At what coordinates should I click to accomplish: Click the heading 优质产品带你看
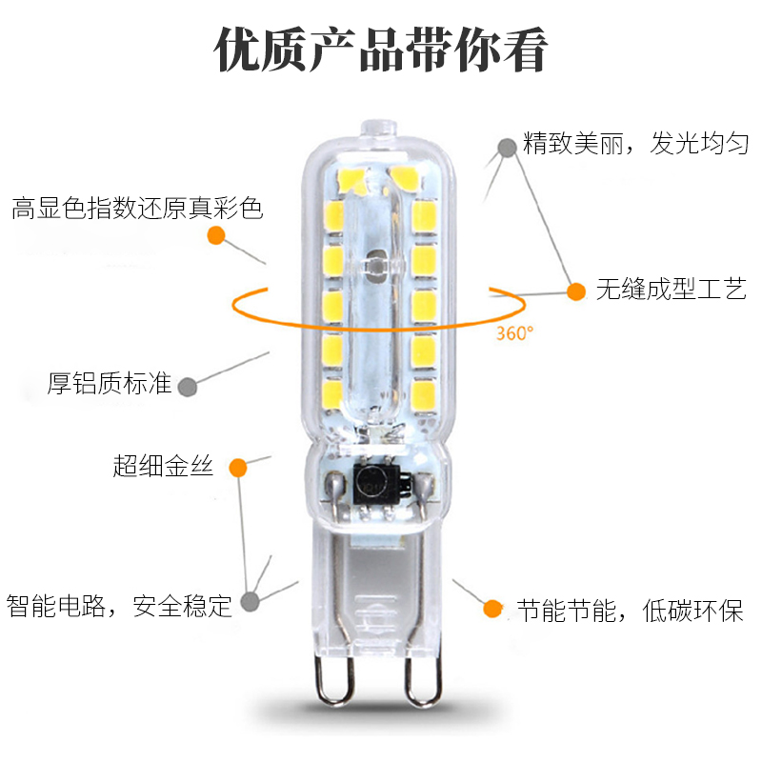381,50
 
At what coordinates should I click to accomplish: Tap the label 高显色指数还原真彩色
137,208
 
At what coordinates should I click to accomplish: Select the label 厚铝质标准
110,385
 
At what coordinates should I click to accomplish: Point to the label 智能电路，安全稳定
120,605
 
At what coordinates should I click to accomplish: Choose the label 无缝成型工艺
672,291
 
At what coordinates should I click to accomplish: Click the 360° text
514,334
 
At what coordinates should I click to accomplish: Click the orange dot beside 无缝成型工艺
576,291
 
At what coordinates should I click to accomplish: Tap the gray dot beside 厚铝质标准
188,386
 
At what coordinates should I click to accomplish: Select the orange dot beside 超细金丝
237,468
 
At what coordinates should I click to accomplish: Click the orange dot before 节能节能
492,608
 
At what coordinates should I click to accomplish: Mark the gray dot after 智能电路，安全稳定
250,602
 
